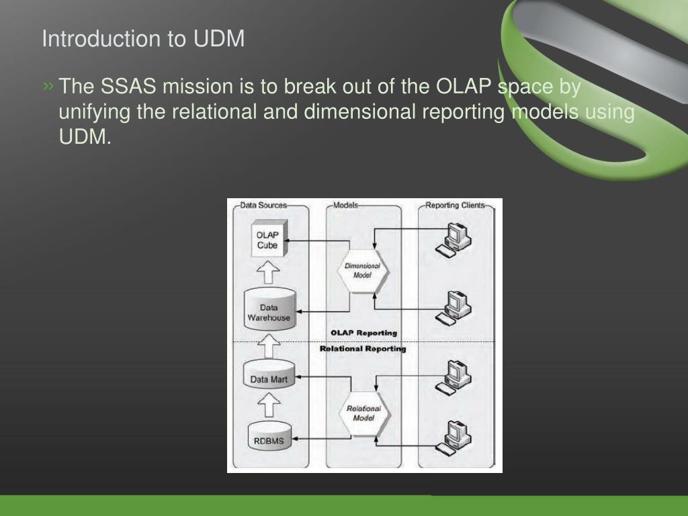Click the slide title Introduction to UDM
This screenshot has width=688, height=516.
click(x=143, y=38)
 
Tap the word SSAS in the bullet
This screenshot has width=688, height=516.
click(x=128, y=87)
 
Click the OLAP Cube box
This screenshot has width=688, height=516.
click(x=267, y=240)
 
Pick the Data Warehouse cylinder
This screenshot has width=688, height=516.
click(x=269, y=308)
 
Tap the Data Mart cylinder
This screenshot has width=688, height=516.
click(x=269, y=378)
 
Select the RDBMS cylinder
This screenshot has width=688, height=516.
click(x=269, y=437)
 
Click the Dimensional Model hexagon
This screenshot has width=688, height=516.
click(x=362, y=270)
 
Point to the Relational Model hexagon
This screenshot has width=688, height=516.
click(x=363, y=413)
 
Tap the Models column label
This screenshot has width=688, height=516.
click(x=345, y=205)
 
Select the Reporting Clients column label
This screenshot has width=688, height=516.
click(x=455, y=205)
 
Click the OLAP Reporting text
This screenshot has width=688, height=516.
click(x=363, y=333)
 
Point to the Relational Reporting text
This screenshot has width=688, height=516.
click(x=363, y=349)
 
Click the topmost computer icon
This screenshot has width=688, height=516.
click(x=454, y=239)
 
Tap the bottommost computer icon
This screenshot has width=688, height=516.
click(x=454, y=437)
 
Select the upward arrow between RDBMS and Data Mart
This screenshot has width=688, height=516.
click(x=269, y=405)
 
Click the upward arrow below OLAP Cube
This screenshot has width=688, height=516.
click(x=269, y=272)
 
